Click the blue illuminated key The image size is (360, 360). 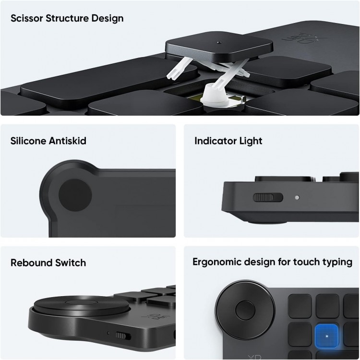327,336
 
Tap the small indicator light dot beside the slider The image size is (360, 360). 297,197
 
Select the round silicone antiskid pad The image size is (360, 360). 75,196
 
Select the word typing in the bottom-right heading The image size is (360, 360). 338,262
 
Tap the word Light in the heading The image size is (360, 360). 251,141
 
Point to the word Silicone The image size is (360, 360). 29,141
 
